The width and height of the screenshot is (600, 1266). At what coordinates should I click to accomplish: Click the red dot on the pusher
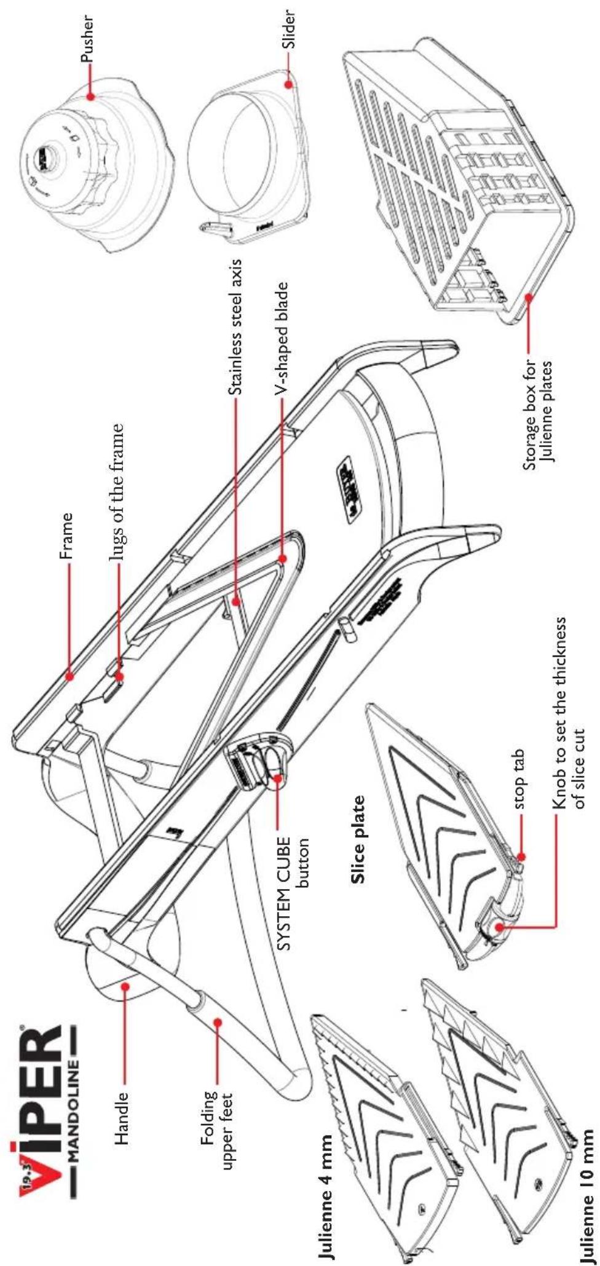pos(90,97)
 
